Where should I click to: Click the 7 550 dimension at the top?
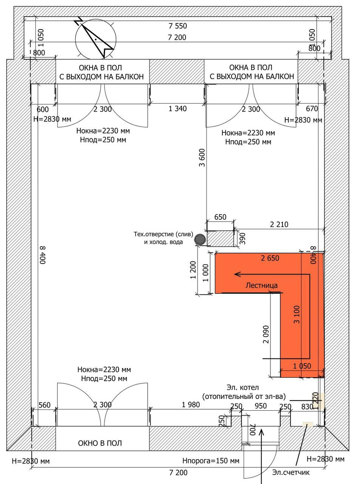pyautogui.click(x=178, y=26)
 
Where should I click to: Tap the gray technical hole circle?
pyautogui.click(x=199, y=239)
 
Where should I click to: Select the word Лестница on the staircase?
pyautogui.click(x=261, y=285)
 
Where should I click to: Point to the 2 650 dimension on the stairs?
pyautogui.click(x=270, y=258)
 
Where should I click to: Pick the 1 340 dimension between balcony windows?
pyautogui.click(x=178, y=109)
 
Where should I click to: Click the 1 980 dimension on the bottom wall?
pyautogui.click(x=190, y=405)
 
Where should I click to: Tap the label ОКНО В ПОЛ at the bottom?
pyautogui.click(x=100, y=443)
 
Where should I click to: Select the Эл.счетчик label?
pyautogui.click(x=291, y=472)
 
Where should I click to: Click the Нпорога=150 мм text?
pyautogui.click(x=211, y=461)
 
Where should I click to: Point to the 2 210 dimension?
pyautogui.click(x=279, y=224)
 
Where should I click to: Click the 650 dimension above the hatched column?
pyautogui.click(x=220, y=217)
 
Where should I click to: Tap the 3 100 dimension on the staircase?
pyautogui.click(x=297, y=314)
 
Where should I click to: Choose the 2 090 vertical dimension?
pyautogui.click(x=266, y=334)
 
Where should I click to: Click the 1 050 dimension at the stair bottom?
pyautogui.click(x=302, y=366)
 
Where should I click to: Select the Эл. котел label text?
pyautogui.click(x=243, y=388)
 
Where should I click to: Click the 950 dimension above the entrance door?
pyautogui.click(x=261, y=406)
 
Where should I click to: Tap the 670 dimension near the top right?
pyautogui.click(x=312, y=109)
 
